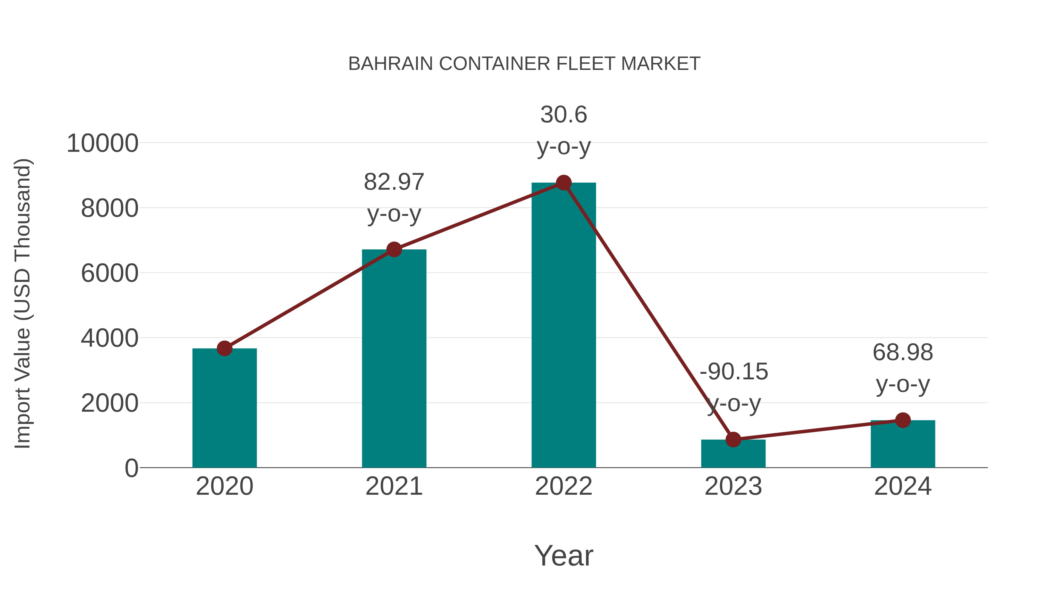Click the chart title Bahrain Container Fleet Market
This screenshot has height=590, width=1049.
click(x=524, y=64)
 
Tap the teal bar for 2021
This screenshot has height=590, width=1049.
click(x=394, y=358)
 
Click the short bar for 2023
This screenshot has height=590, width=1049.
click(x=733, y=454)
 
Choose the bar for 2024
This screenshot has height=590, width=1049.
click(x=903, y=444)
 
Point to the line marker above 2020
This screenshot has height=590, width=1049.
click(x=224, y=348)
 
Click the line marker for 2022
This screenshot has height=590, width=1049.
click(x=564, y=183)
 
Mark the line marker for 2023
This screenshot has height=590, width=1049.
click(x=733, y=440)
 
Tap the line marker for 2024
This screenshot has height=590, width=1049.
click(x=903, y=420)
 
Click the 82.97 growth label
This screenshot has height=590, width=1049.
click(x=394, y=182)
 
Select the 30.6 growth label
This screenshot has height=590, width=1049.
click(x=564, y=115)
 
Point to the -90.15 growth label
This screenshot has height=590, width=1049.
click(x=733, y=372)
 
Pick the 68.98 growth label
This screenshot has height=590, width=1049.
click(x=903, y=353)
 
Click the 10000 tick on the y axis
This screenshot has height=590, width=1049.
click(x=102, y=144)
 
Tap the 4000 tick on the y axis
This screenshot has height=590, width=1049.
click(x=110, y=338)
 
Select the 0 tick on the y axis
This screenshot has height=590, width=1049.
click(x=131, y=468)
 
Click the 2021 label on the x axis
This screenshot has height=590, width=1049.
click(x=394, y=487)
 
